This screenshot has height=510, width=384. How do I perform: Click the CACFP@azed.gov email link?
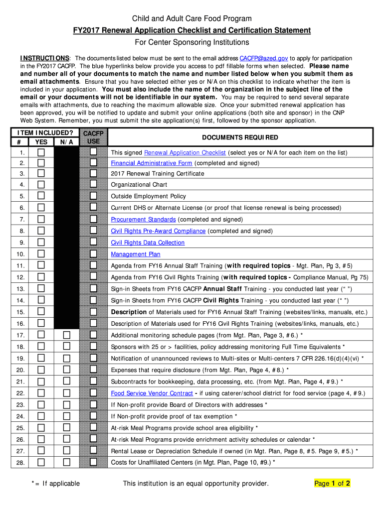coord(264,58)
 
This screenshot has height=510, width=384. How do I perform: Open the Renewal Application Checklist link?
coord(185,153)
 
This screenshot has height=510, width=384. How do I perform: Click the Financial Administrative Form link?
coord(152,163)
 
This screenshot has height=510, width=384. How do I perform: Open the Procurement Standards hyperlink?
coord(143,220)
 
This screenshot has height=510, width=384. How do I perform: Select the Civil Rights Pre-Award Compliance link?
coord(158,231)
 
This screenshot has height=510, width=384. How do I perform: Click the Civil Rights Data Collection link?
coord(148,243)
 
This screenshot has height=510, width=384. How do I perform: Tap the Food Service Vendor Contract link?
coord(152,393)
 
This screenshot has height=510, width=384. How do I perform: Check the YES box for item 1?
coord(41,152)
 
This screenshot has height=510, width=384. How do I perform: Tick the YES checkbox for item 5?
coord(41,196)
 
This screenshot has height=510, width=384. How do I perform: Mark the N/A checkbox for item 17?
coord(66,335)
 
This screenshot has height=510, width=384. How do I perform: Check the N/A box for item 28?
coord(66,462)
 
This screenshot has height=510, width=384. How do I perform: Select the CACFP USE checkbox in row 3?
coord(93,173)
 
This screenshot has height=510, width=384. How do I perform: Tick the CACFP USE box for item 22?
coord(93,393)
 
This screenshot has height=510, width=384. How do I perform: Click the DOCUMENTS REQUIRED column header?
coord(240,137)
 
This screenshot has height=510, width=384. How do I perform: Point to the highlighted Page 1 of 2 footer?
coord(332,483)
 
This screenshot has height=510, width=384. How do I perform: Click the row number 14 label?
coord(20,300)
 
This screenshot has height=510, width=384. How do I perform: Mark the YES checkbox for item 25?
coord(41,427)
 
